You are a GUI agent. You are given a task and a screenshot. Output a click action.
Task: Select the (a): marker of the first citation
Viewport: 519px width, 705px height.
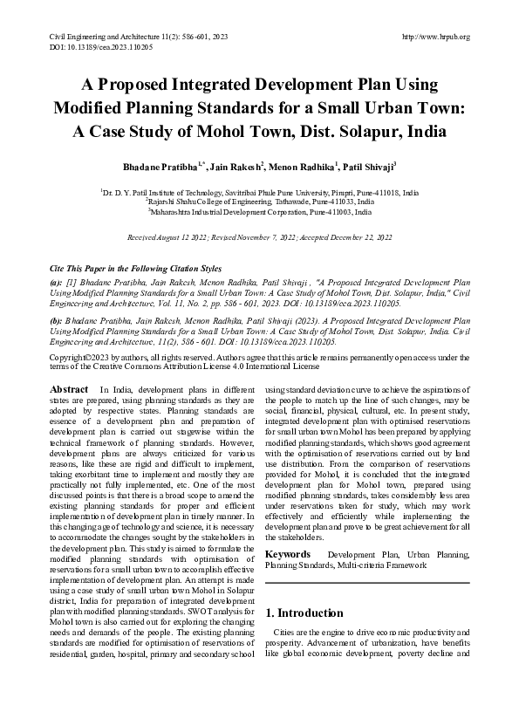coord(55,284)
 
